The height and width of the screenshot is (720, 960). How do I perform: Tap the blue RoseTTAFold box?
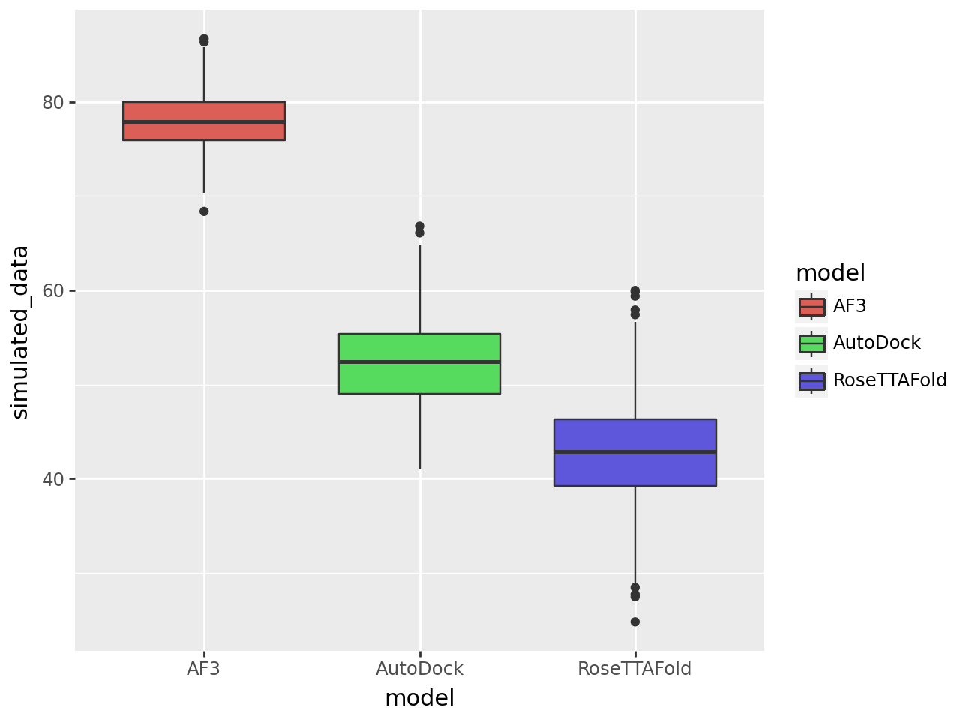[634, 469]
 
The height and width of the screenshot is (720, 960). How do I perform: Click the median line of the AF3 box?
[203, 121]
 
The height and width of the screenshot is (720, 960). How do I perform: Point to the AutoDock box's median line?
[419, 361]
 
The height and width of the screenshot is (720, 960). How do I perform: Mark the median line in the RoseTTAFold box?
[634, 451]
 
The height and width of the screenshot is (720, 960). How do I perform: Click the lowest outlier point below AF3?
[204, 211]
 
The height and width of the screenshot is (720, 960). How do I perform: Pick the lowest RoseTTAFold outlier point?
[635, 622]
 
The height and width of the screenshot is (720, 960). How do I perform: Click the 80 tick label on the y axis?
[53, 102]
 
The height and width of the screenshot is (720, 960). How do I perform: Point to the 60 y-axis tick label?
[53, 290]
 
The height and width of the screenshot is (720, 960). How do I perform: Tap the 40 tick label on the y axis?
[53, 479]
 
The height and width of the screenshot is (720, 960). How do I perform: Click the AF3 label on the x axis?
[203, 669]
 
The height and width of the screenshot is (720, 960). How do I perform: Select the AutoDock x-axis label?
[419, 669]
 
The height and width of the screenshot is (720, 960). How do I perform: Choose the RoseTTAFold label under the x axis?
[634, 669]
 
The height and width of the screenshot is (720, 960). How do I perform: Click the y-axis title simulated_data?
[20, 331]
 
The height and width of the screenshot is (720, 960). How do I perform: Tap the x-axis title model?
[419, 699]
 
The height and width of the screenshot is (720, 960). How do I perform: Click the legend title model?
[830, 273]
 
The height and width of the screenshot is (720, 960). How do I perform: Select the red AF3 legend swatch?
[812, 306]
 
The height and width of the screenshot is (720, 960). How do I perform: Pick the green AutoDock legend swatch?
[812, 343]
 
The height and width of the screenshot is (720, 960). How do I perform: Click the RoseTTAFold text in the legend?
[890, 380]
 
